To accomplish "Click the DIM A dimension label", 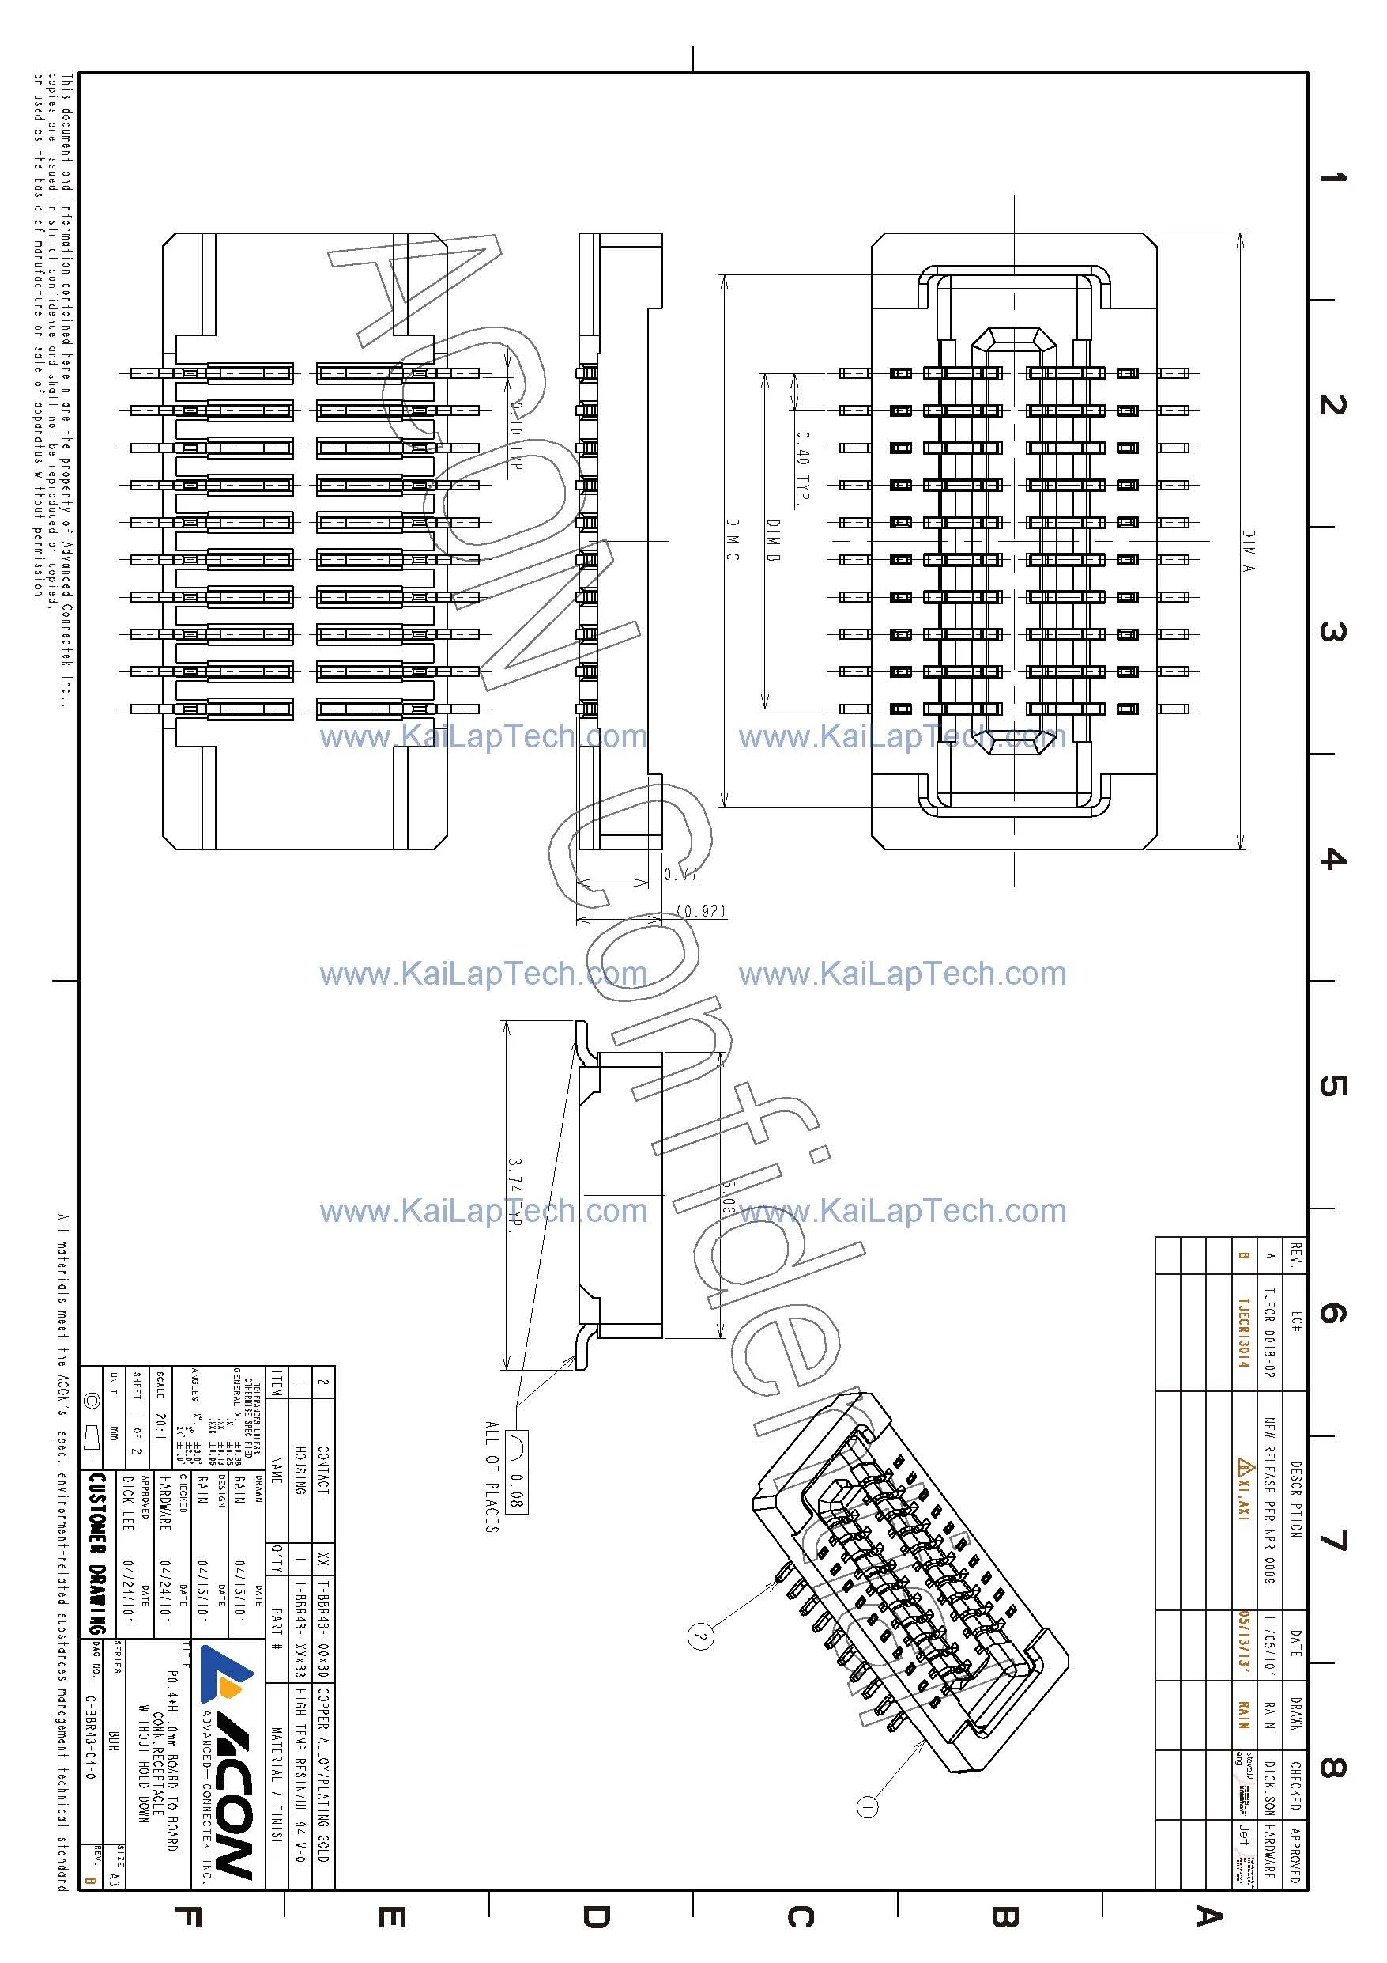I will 1249,550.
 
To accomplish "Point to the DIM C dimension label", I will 733,539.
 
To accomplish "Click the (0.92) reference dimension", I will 701,910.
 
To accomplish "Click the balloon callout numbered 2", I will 700,1637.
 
